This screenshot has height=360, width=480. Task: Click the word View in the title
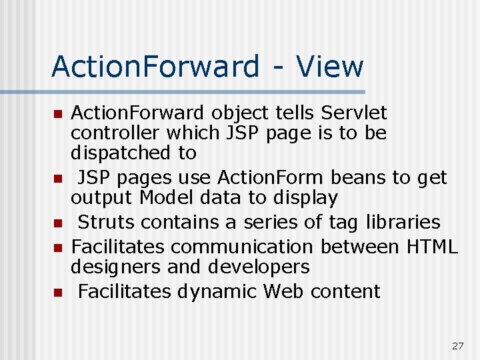(x=330, y=67)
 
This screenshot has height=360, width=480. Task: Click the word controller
(x=116, y=133)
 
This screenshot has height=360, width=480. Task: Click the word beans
(x=356, y=177)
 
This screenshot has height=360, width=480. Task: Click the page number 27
(x=457, y=345)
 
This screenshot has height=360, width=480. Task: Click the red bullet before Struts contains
(x=58, y=223)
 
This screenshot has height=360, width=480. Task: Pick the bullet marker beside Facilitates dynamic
(x=58, y=292)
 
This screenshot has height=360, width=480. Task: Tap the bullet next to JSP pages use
(x=58, y=179)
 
